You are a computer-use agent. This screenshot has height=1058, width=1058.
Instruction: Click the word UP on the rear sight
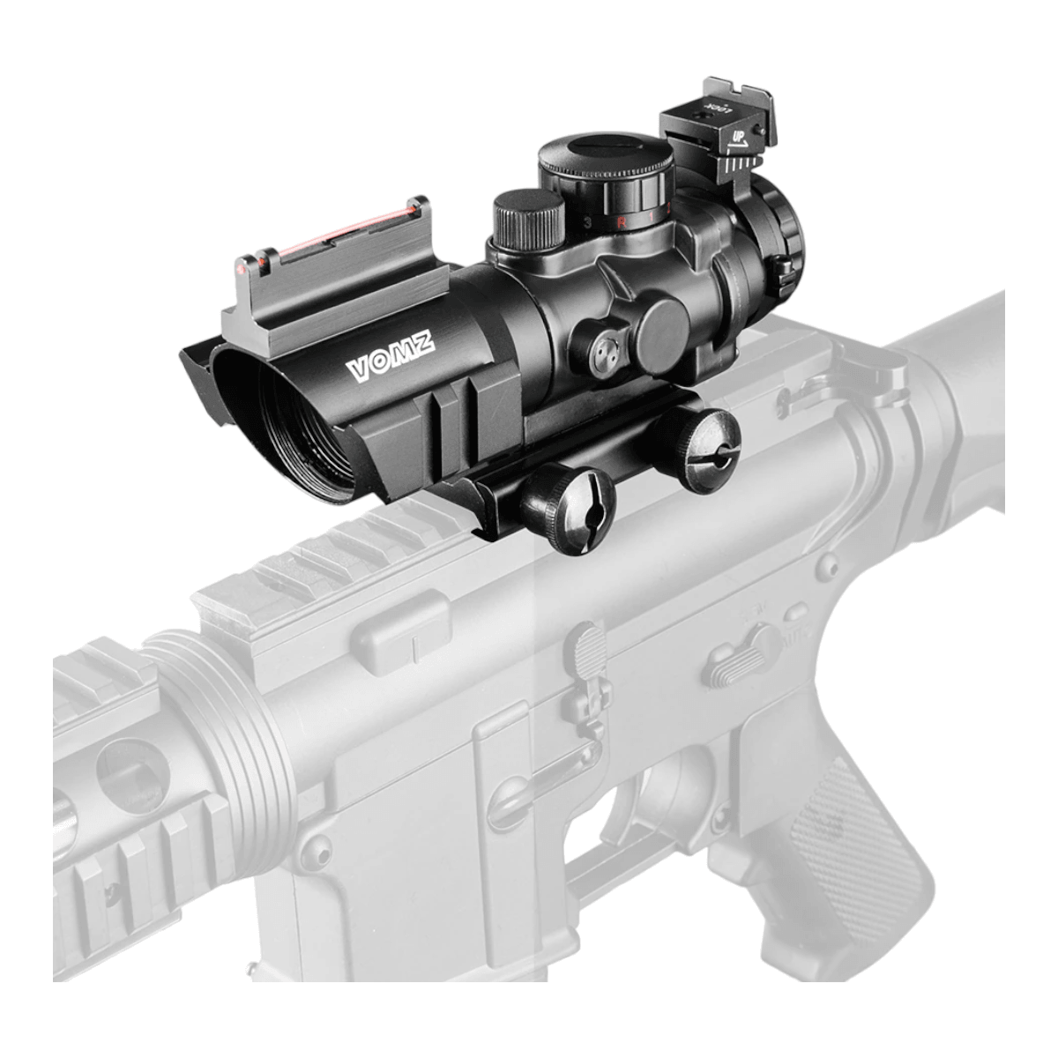click(x=739, y=138)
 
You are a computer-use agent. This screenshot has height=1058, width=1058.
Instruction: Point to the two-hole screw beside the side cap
click(x=602, y=352)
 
